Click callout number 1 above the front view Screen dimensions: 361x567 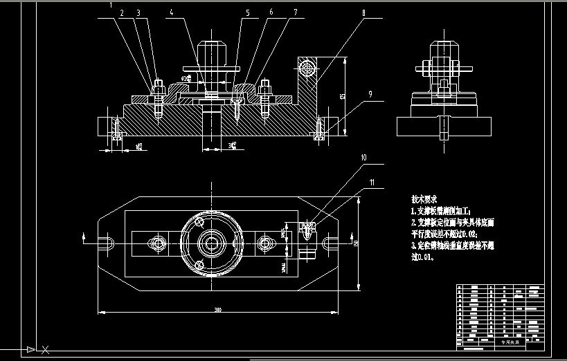[x=110, y=4]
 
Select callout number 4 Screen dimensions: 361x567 [x=172, y=12]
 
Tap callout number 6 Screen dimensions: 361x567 [x=271, y=12]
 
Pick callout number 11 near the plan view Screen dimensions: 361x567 [x=372, y=183]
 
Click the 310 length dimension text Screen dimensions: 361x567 [x=217, y=309]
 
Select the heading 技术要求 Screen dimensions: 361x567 [x=424, y=197]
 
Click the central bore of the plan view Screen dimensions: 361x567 [x=212, y=243]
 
